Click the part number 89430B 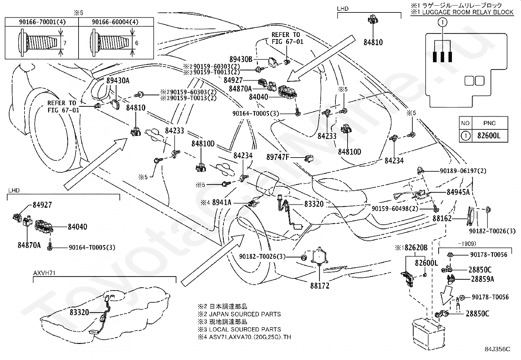pos(241,59)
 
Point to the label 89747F pos(278,157)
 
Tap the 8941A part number pos(222,203)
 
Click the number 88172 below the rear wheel pos(320,286)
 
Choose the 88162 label pos(442,218)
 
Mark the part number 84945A pos(458,192)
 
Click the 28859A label pos(482,279)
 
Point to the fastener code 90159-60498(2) pos(395,208)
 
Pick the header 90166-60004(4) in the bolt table pos(115,22)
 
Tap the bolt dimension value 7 pos(65,43)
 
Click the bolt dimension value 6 pos(136,43)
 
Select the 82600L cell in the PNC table pos(489,135)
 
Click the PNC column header pos(489,123)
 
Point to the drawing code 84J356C pos(497,349)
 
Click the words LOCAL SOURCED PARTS pos(245,329)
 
